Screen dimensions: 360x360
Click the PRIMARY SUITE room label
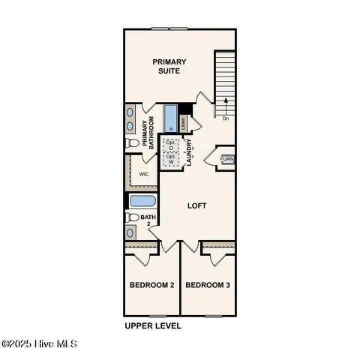pos(169,66)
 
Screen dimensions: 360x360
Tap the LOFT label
pos(196,205)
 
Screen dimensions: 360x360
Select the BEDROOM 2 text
pos(151,285)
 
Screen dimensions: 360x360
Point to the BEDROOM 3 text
pos(208,285)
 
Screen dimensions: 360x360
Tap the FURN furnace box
pos(226,159)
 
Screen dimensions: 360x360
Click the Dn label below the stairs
pos(226,118)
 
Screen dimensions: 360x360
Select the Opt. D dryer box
pos(171,145)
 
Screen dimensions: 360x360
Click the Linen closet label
pos(182,120)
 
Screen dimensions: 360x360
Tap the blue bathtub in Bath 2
pos(140,201)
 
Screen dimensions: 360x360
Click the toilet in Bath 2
pos(132,217)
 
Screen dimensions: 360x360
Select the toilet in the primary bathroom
pos(132,142)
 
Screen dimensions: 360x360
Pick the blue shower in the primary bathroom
pos(169,118)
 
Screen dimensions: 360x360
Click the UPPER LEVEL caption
pos(152,326)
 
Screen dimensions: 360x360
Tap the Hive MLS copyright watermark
pos(39,344)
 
